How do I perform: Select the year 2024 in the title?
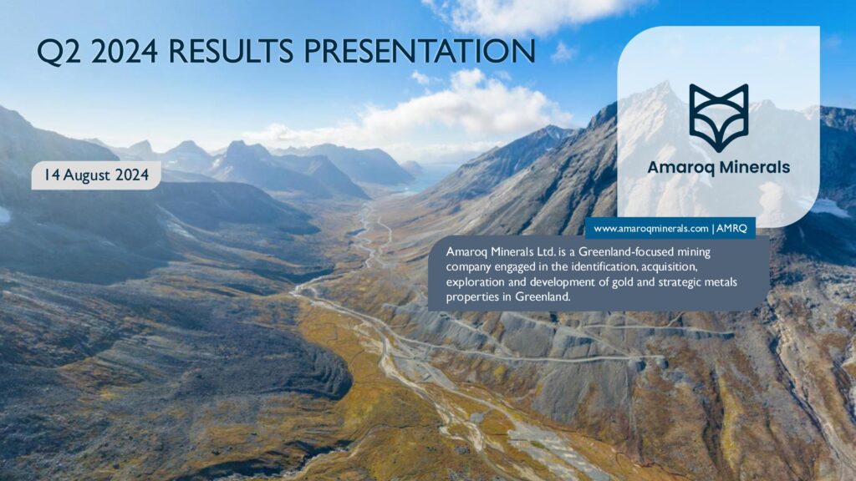124,51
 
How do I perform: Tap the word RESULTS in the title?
232,51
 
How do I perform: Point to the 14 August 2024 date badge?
96,175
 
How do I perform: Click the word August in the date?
89,175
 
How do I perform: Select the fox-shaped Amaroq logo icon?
718,118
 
